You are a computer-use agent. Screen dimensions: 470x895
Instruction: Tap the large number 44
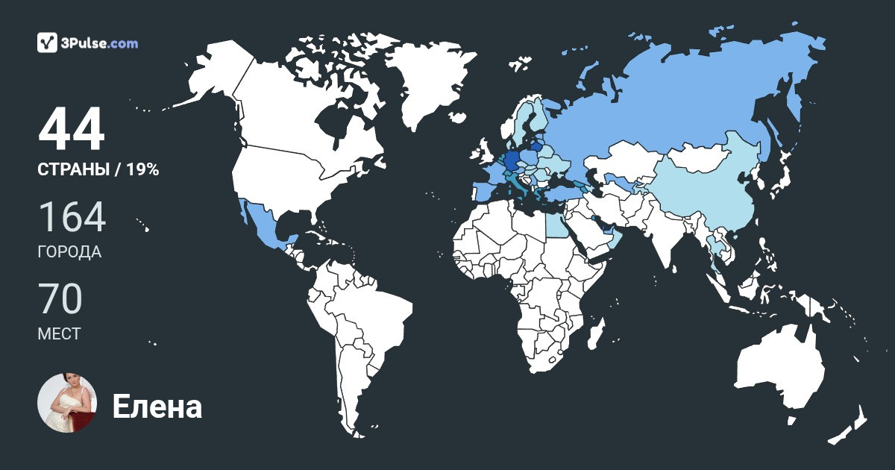[x=72, y=130]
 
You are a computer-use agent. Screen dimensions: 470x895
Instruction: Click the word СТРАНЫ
[x=72, y=170]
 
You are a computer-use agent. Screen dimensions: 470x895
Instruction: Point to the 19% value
[x=142, y=170]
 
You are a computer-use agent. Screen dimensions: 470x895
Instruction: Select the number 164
[x=72, y=217]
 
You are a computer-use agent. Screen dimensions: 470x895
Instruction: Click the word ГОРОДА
[x=69, y=252]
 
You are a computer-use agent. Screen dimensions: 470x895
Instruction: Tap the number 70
[x=60, y=299]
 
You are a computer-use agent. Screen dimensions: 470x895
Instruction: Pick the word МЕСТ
[x=59, y=334]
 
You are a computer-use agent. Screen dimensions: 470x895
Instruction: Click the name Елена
[x=157, y=407]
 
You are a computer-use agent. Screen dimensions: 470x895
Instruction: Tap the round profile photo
[x=67, y=403]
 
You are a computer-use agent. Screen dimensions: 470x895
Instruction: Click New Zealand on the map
[x=850, y=425]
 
